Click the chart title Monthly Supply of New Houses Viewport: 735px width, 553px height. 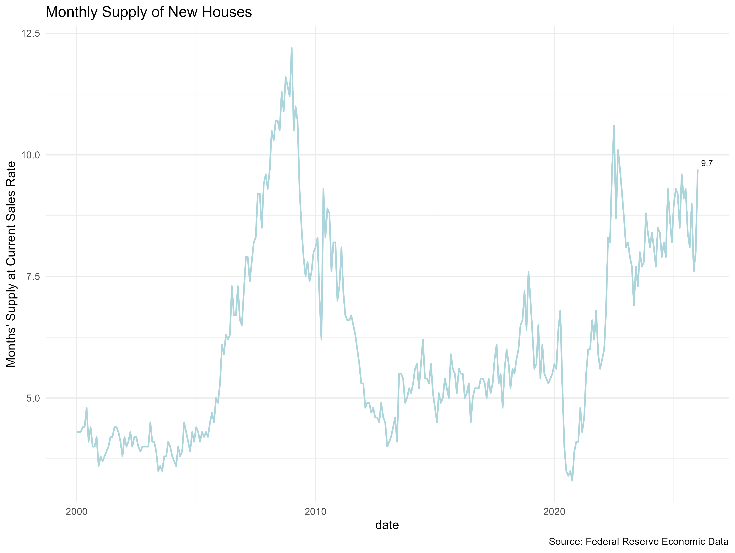[x=148, y=12]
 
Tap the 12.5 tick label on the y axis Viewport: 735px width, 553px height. [x=30, y=34]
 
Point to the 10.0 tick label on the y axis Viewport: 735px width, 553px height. [x=30, y=155]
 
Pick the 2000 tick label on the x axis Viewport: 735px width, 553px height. [x=76, y=512]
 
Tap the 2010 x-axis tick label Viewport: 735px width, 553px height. [x=315, y=512]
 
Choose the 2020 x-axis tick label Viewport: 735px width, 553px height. [x=554, y=512]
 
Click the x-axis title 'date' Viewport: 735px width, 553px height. [x=387, y=525]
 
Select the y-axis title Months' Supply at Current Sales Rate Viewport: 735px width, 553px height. [x=11, y=264]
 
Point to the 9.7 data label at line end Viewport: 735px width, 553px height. [x=707, y=163]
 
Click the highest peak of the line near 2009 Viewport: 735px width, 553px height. [x=291, y=48]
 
